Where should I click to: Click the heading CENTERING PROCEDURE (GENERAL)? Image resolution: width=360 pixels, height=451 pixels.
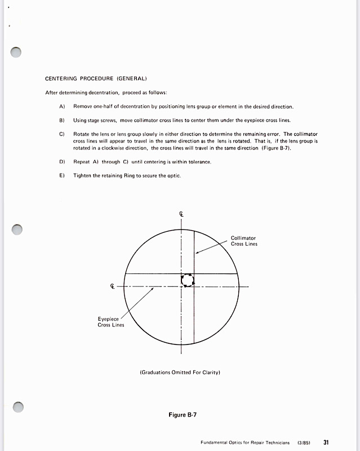96,78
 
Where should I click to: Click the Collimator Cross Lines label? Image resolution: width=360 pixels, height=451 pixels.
244,241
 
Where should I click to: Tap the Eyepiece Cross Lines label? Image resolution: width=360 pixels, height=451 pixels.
111,322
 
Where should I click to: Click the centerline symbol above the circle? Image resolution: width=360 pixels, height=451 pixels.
181,214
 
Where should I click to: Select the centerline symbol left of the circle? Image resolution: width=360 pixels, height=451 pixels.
113,287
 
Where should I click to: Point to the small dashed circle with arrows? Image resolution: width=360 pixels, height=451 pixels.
187,280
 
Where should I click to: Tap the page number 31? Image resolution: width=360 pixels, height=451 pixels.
326,443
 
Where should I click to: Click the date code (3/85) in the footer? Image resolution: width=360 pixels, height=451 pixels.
304,443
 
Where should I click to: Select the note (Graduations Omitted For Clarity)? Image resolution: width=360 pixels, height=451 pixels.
179,372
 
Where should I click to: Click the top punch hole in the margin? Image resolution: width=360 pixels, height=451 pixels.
16,52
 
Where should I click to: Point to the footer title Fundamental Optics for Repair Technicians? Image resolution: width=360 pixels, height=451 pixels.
245,443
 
